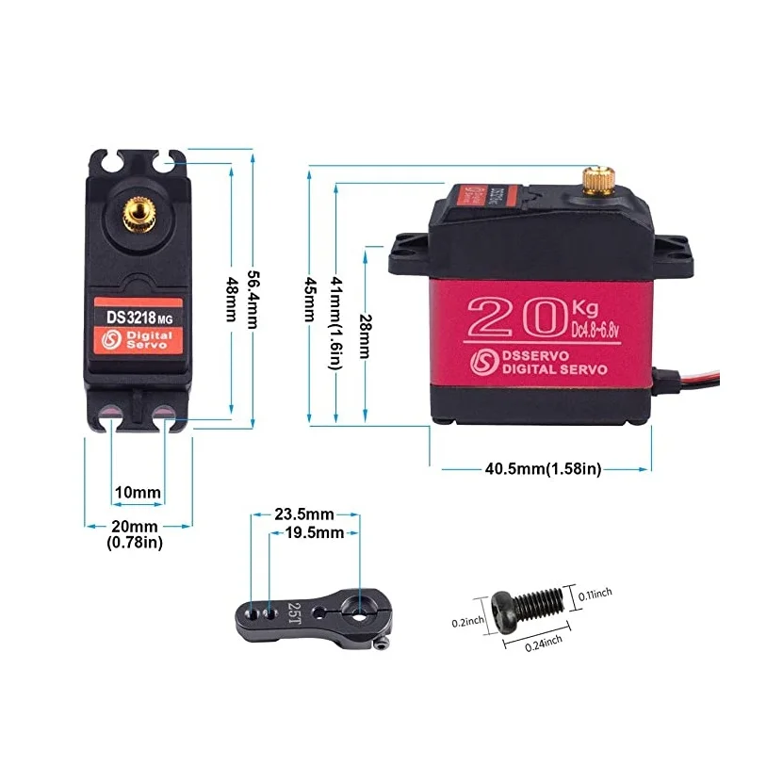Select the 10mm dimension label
pos(138,493)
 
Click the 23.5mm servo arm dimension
pos(303,514)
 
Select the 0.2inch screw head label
pos(468,621)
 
